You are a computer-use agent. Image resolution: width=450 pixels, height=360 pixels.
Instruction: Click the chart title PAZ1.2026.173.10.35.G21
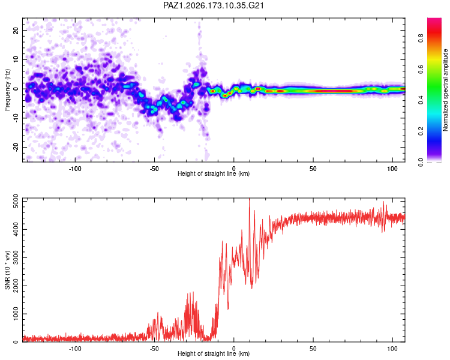[x=213, y=5]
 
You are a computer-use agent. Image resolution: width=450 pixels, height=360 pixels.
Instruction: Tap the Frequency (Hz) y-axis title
[x=7, y=90]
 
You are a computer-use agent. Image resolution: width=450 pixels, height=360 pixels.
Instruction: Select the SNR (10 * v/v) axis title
[x=7, y=270]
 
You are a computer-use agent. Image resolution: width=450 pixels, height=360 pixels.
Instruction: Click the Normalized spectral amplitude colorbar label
[x=445, y=90]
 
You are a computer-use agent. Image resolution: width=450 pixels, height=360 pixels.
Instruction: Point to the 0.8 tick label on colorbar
[x=421, y=38]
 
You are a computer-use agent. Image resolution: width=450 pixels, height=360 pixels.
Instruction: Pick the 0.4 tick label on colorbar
[x=421, y=100]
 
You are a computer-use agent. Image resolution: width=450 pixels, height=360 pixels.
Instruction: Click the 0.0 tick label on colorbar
[x=421, y=162]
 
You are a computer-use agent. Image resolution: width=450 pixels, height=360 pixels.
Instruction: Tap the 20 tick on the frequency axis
[x=16, y=30]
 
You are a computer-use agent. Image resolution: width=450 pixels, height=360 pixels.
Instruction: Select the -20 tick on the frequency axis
[x=16, y=147]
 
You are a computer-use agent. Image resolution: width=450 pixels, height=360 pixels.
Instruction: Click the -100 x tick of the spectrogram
[x=75, y=169]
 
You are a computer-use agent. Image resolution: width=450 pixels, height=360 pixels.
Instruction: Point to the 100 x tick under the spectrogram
[x=392, y=169]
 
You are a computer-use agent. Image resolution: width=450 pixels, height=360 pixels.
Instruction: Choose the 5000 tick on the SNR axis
[x=16, y=202]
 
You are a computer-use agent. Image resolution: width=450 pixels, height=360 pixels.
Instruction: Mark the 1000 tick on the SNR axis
[x=16, y=314]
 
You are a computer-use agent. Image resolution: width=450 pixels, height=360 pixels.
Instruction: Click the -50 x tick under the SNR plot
[x=154, y=349]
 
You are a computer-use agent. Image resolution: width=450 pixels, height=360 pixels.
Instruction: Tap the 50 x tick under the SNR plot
[x=313, y=349]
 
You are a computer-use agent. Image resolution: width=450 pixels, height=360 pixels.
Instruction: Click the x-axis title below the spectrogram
[x=214, y=173]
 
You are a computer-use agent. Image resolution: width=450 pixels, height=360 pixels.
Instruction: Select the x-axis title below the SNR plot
[x=214, y=353]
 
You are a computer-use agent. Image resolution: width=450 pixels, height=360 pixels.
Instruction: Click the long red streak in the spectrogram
[x=330, y=91]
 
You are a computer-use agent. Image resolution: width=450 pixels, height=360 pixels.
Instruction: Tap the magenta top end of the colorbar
[x=434, y=20]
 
